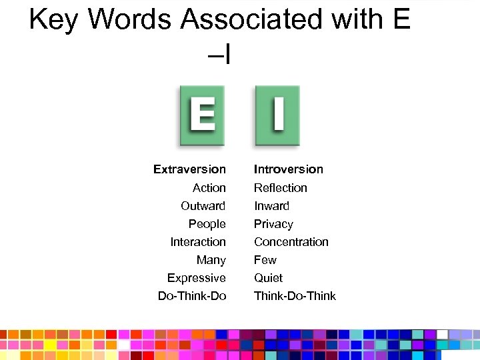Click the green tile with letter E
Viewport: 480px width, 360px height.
pos(201,116)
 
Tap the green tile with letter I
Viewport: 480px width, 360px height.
pos(277,116)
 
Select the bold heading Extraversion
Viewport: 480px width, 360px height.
pos(189,169)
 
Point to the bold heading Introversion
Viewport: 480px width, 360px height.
pos(288,169)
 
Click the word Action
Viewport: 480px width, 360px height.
pos(209,188)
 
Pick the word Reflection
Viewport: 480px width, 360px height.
pos(280,188)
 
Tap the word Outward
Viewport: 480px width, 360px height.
pos(203,206)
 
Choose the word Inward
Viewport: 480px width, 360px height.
pos(271,206)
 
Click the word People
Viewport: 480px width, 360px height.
pos(207,224)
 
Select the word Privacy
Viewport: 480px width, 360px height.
pos(273,224)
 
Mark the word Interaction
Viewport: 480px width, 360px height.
pos(198,242)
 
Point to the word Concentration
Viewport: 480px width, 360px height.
pos(291,242)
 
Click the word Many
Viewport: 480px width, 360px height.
pos(211,260)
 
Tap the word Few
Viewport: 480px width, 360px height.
pos(265,260)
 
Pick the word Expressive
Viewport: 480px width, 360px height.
pos(197,278)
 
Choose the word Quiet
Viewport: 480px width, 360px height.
pos(268,278)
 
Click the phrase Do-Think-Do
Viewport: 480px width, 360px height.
pos(192,296)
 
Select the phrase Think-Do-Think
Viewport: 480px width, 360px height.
pos(295,296)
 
